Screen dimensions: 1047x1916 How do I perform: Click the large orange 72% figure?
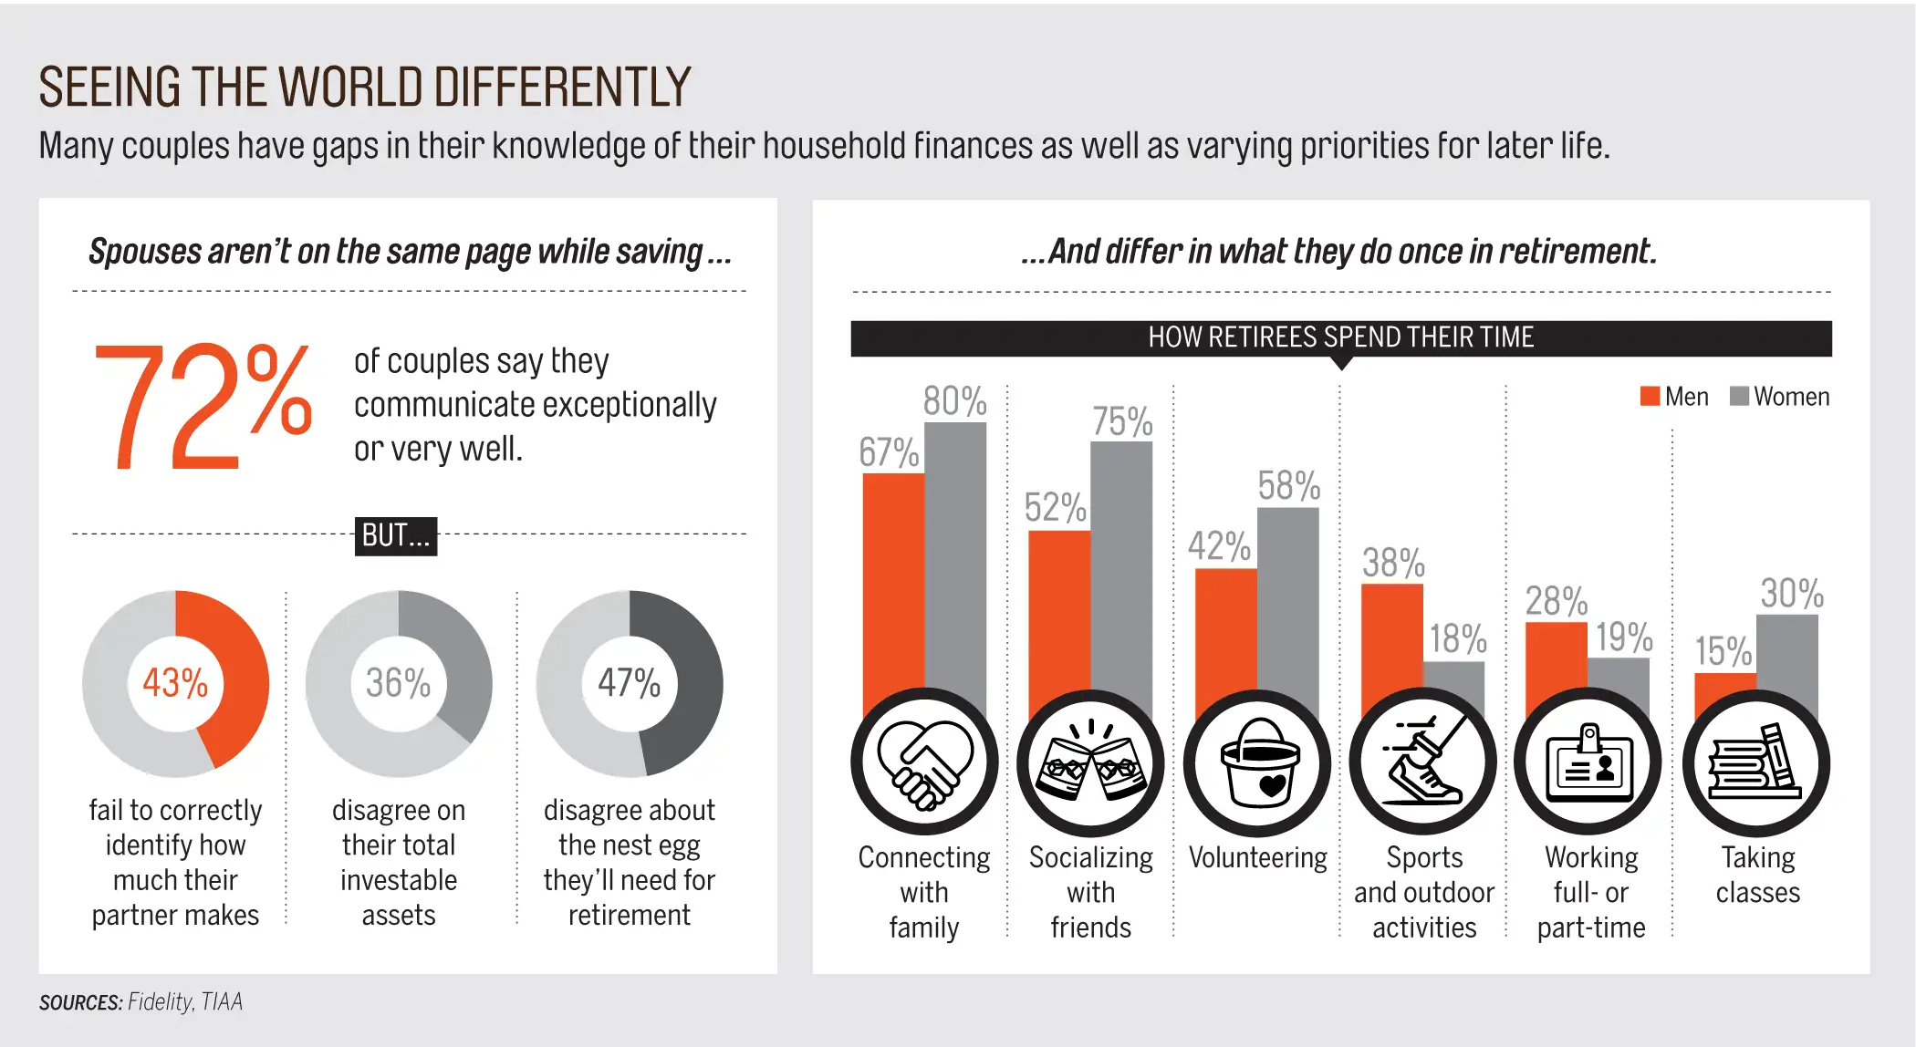(x=203, y=406)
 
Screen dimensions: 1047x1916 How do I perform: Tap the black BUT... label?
(x=395, y=535)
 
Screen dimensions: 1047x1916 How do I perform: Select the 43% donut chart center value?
(x=175, y=683)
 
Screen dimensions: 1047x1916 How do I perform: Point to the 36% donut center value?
(x=398, y=683)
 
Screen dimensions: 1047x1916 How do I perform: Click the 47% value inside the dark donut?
(x=629, y=683)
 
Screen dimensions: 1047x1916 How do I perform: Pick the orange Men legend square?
(x=1649, y=396)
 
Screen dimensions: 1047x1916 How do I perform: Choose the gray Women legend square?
(x=1739, y=396)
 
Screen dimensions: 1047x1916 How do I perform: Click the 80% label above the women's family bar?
(x=954, y=401)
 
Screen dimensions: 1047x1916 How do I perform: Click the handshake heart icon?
(x=924, y=762)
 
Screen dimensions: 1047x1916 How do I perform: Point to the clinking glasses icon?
(x=1090, y=762)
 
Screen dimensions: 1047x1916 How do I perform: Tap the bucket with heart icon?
(x=1257, y=762)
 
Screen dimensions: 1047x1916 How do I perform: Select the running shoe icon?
(x=1423, y=762)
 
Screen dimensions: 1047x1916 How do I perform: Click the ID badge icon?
(x=1589, y=762)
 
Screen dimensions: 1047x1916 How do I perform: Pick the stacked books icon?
(x=1756, y=762)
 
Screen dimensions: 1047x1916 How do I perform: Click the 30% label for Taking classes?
(x=1792, y=594)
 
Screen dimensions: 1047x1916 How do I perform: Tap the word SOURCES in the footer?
(x=80, y=1002)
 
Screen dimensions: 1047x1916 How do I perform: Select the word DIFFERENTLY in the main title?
(x=562, y=88)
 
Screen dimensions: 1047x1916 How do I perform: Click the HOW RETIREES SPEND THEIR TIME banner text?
(x=1340, y=337)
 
